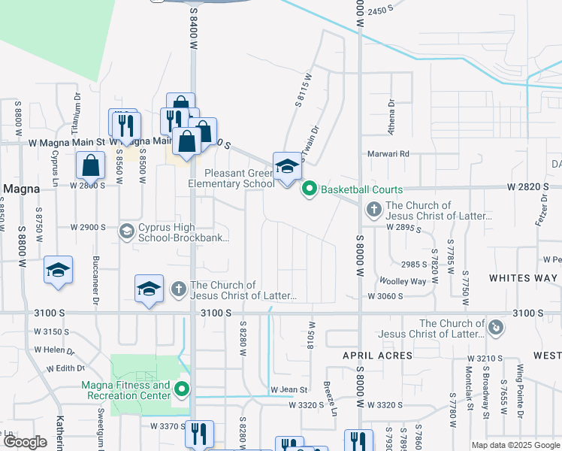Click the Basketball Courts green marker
309,189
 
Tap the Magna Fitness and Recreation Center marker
181,390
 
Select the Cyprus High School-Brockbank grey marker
126,232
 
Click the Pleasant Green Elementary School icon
286,167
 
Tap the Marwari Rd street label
393,154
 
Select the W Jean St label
294,390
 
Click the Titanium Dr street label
77,110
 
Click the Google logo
24,442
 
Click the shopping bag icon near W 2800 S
90,165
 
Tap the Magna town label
22,188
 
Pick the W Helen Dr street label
54,350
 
